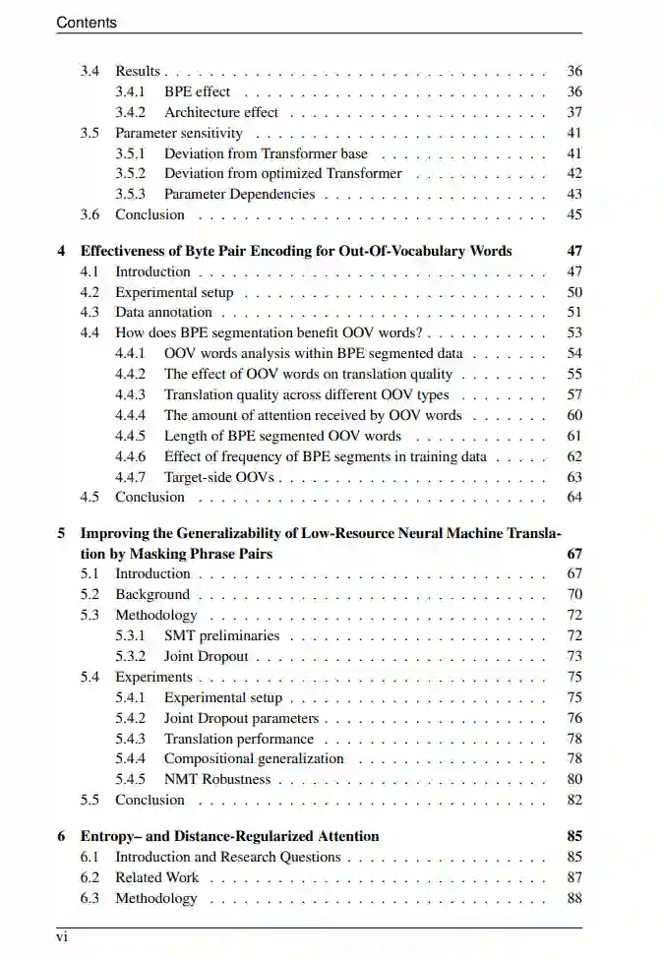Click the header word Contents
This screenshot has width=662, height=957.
87,22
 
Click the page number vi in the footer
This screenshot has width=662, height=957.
62,937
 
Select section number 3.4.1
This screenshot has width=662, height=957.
131,91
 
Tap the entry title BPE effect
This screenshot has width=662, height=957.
197,91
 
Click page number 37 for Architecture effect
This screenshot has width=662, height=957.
574,112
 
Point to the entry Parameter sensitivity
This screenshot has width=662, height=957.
179,133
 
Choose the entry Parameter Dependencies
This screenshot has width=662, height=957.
239,194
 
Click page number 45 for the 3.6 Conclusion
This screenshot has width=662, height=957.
574,214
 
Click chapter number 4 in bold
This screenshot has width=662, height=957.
61,251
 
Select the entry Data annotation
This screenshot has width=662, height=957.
163,312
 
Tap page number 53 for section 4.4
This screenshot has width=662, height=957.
574,332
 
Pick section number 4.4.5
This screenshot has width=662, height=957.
131,436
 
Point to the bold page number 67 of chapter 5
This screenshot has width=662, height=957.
574,554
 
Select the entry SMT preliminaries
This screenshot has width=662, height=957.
221,635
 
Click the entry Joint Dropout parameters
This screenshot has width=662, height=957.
241,718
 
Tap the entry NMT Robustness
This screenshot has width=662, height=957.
216,779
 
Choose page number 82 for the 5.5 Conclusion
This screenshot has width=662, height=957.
574,800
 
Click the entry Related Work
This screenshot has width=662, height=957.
156,877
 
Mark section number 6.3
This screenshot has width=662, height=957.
90,898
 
